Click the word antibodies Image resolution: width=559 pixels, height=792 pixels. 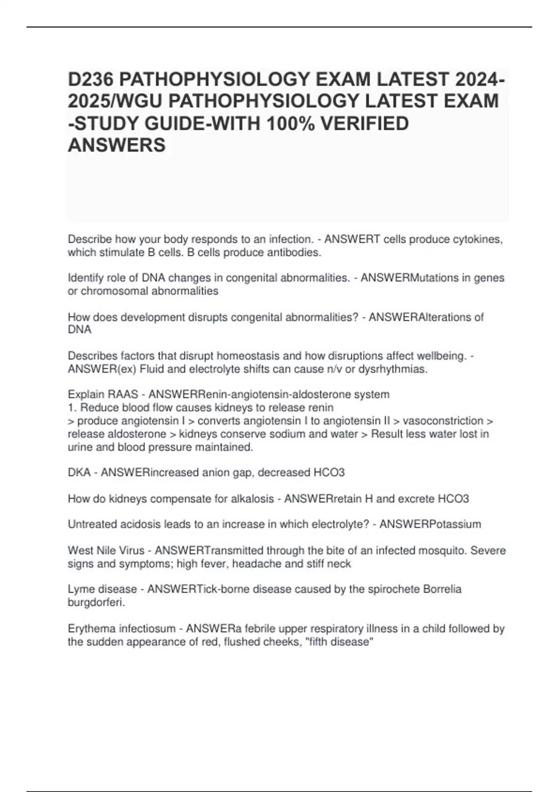(x=296, y=253)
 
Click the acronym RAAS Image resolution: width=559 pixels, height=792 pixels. (x=123, y=395)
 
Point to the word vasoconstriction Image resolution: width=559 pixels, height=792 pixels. (x=443, y=421)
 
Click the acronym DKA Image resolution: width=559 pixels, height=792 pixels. (x=79, y=473)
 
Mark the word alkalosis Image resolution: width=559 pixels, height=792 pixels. (x=252, y=499)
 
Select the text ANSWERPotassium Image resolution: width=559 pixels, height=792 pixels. (x=430, y=524)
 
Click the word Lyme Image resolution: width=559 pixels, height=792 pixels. (x=80, y=589)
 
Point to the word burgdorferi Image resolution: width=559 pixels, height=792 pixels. (x=96, y=602)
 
